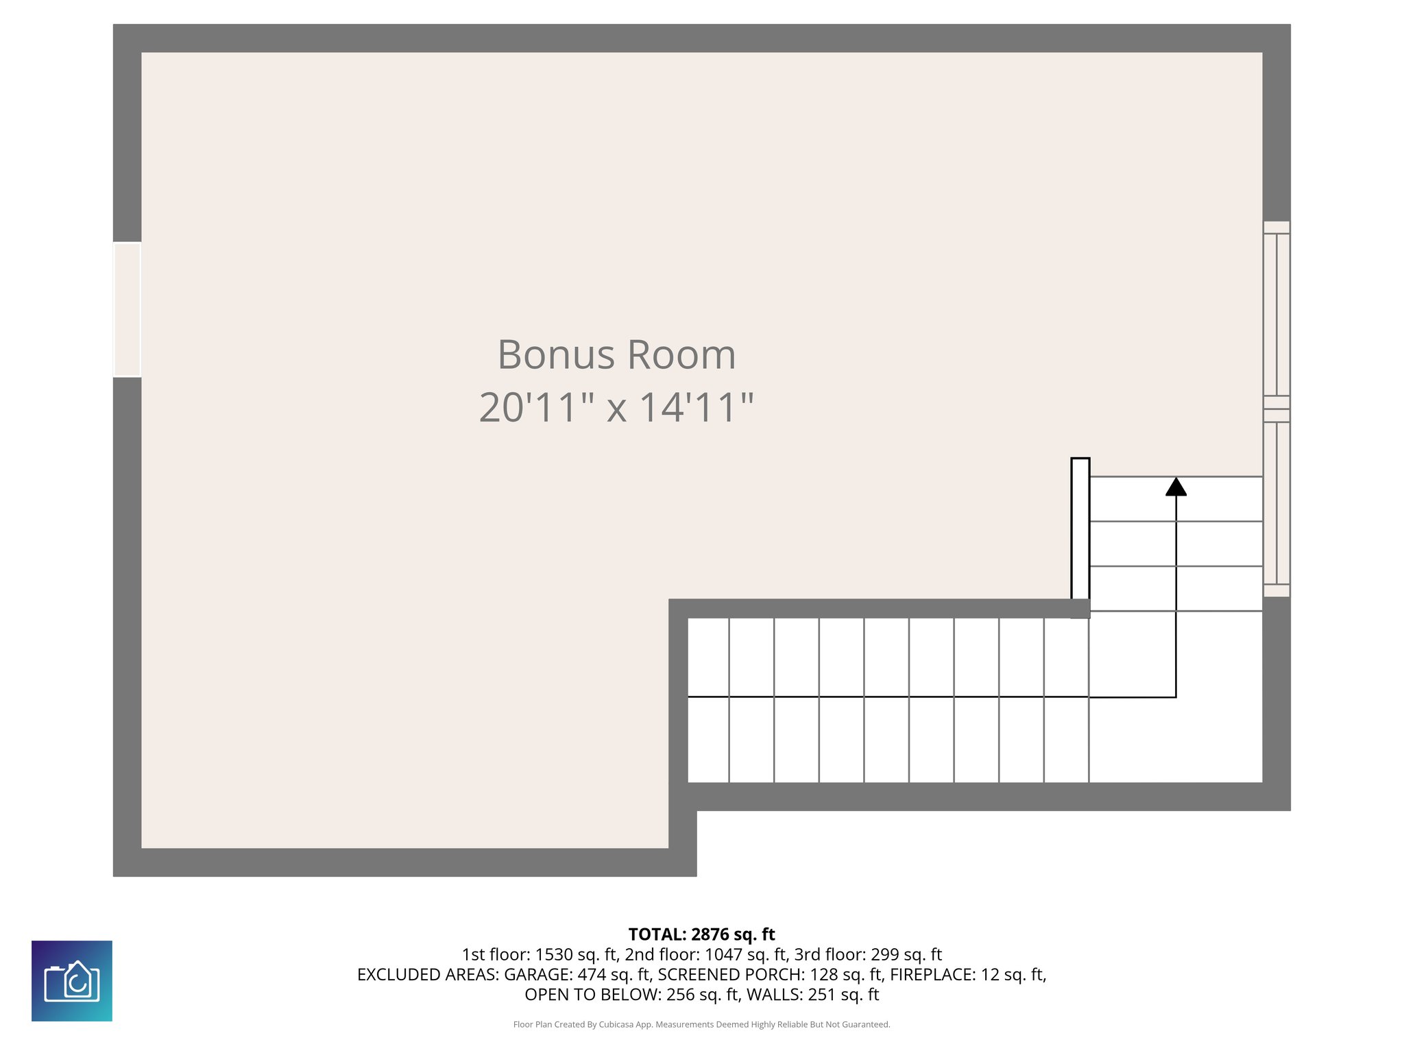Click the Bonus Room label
[x=616, y=355]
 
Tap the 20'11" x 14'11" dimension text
[x=616, y=407]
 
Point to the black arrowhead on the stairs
[x=1176, y=487]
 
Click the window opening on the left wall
[x=127, y=310]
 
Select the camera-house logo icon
[x=72, y=980]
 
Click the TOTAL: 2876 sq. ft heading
[x=701, y=934]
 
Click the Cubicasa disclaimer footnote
[x=701, y=1025]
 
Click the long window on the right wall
[x=1276, y=409]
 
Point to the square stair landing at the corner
[x=1175, y=696]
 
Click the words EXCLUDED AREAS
[x=427, y=974]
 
